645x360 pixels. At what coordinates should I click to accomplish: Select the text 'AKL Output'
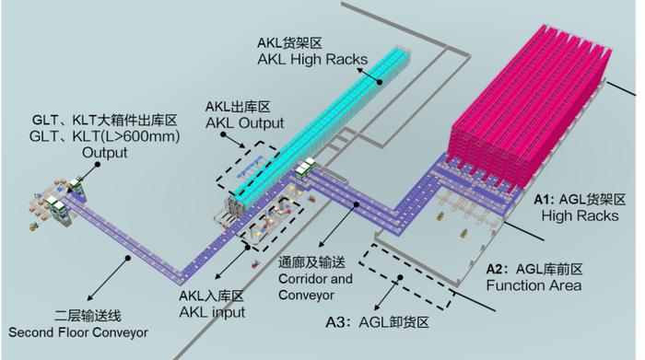point(243,122)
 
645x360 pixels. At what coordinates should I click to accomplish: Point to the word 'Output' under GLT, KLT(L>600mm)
point(105,152)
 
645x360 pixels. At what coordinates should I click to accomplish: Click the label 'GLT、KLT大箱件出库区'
point(104,121)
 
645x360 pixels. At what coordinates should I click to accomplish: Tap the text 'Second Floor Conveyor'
point(77,331)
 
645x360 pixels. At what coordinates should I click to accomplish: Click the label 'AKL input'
point(212,312)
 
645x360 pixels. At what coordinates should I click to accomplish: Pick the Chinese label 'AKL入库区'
point(212,296)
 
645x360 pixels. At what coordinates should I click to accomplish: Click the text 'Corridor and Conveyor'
point(314,285)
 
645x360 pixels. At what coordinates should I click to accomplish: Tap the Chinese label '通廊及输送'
point(312,262)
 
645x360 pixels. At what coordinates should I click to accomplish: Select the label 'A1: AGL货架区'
point(580,199)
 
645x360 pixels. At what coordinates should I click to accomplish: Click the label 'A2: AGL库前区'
point(535,269)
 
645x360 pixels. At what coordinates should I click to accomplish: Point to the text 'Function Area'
point(534,285)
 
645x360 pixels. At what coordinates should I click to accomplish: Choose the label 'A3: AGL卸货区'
point(378,324)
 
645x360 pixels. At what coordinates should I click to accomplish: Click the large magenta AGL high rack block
point(534,101)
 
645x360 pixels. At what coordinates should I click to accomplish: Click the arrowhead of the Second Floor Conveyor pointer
point(127,261)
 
